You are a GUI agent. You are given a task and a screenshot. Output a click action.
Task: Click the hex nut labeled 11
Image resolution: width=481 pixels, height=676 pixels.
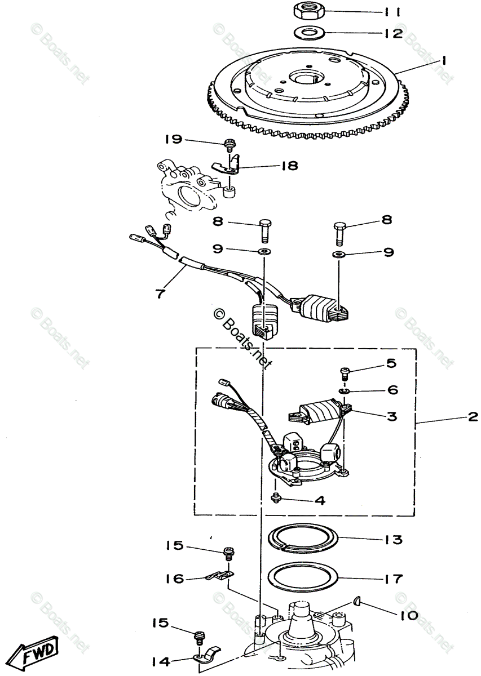(x=307, y=10)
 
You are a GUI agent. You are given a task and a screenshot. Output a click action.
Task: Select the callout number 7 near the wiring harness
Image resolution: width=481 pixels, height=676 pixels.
(x=161, y=293)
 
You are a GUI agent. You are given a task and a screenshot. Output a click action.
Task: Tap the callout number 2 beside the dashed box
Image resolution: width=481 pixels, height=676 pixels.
(x=472, y=417)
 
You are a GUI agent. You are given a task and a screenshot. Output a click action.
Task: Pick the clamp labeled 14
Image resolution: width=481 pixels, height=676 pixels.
(x=206, y=656)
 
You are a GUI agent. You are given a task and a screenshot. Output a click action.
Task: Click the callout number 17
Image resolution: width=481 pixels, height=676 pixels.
(x=394, y=579)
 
